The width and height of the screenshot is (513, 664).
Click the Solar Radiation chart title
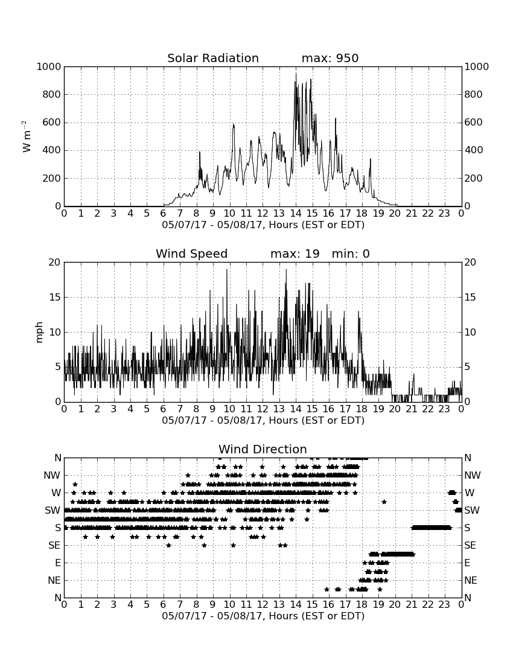pyautogui.click(x=213, y=58)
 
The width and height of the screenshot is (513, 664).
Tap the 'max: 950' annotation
pyautogui.click(x=330, y=58)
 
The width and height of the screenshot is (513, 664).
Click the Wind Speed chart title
pyautogui.click(x=192, y=254)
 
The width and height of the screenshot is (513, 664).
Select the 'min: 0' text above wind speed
pyautogui.click(x=351, y=254)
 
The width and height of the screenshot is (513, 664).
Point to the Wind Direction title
pyautogui.click(x=263, y=449)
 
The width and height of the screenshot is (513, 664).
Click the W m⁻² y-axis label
pyautogui.click(x=26, y=136)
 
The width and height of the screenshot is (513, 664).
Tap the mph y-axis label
pyautogui.click(x=39, y=333)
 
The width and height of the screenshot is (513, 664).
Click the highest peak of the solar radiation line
pyautogui.click(x=296, y=74)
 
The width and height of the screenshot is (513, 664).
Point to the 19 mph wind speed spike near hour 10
pyautogui.click(x=227, y=270)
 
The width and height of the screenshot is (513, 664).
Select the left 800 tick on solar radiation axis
pyautogui.click(x=52, y=94)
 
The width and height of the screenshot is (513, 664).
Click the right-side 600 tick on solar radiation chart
pyautogui.click(x=474, y=123)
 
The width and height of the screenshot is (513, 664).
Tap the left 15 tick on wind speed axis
pyautogui.click(x=55, y=297)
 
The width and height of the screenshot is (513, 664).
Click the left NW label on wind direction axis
pyautogui.click(x=53, y=476)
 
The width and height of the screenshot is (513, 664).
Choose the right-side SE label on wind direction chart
pyautogui.click(x=470, y=546)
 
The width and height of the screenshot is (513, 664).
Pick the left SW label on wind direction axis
pyautogui.click(x=53, y=510)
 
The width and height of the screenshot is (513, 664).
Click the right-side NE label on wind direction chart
pyautogui.click(x=471, y=580)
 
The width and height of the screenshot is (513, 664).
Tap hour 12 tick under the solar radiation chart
pyautogui.click(x=263, y=214)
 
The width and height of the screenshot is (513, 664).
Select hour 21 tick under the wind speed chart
pyautogui.click(x=412, y=409)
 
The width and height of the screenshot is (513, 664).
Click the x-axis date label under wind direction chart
pyautogui.click(x=263, y=616)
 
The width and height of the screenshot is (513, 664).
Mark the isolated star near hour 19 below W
pyautogui.click(x=384, y=502)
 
